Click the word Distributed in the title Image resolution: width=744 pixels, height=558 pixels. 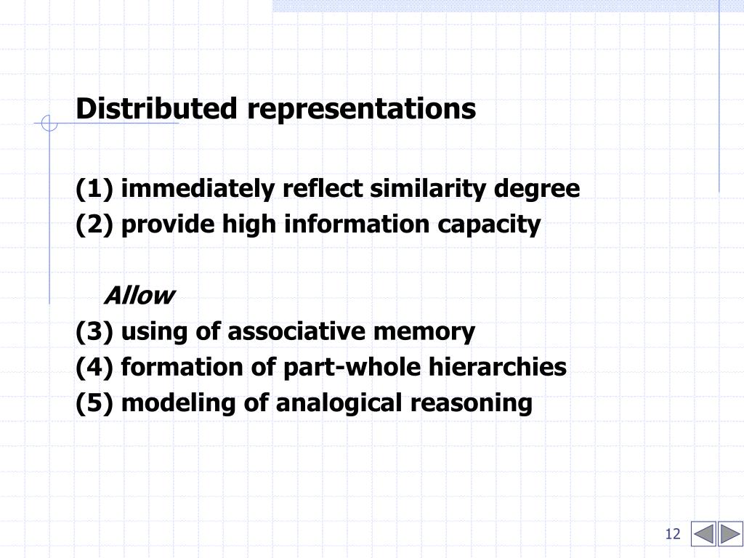tap(156, 109)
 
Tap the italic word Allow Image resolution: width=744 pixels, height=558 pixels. tap(139, 296)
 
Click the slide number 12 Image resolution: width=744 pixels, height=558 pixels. tap(672, 535)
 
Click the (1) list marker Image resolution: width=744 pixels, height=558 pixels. tap(94, 189)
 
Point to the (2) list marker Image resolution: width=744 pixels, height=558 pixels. tap(94, 225)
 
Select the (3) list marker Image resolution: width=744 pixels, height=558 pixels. tap(94, 331)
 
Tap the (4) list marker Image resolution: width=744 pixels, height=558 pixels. tap(94, 367)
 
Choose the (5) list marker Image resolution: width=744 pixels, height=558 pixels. tap(94, 403)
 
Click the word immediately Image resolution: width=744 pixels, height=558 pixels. tap(198, 189)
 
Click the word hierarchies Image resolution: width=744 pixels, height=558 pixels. tap(497, 367)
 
